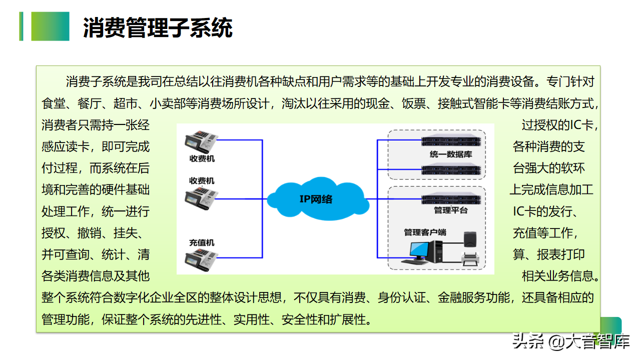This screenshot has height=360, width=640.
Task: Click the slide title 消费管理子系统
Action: pyautogui.click(x=158, y=28)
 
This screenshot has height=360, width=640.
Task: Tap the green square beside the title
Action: pyautogui.click(x=50, y=26)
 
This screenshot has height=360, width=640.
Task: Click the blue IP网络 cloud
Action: pyautogui.click(x=316, y=199)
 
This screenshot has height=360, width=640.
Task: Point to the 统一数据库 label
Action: pyautogui.click(x=450, y=154)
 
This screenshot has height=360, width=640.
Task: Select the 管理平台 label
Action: pyautogui.click(x=450, y=210)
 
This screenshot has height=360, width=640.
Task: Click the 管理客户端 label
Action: pyautogui.click(x=425, y=232)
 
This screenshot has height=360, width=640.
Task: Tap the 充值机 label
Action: pyautogui.click(x=202, y=242)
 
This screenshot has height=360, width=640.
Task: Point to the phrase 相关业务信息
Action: pyautogui.click(x=558, y=275)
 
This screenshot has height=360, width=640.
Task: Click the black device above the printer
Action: pyautogui.click(x=471, y=238)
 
